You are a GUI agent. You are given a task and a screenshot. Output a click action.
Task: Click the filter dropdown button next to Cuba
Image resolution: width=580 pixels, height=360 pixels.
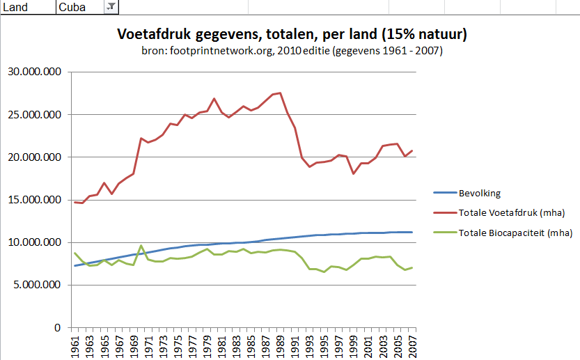(111, 7)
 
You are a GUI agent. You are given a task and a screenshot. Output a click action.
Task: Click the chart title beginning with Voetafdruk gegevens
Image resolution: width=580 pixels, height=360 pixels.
(292, 34)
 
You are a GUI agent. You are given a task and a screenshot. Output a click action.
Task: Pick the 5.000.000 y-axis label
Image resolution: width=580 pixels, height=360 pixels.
(36, 285)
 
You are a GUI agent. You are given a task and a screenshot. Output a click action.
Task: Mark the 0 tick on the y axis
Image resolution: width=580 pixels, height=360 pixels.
(58, 327)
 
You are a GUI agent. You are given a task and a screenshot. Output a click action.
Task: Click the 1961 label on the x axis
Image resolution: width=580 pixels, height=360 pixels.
(75, 345)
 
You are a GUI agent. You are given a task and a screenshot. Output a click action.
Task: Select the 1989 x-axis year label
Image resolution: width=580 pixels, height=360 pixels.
(279, 345)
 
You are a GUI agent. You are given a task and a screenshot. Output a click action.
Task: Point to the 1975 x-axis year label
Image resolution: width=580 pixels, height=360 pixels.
(177, 345)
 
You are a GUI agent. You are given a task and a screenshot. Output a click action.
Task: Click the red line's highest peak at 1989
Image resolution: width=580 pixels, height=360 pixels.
(280, 93)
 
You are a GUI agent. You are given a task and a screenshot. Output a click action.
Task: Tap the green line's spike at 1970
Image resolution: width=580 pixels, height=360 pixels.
(141, 246)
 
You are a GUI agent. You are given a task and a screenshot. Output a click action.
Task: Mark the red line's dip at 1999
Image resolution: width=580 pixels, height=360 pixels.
(353, 173)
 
